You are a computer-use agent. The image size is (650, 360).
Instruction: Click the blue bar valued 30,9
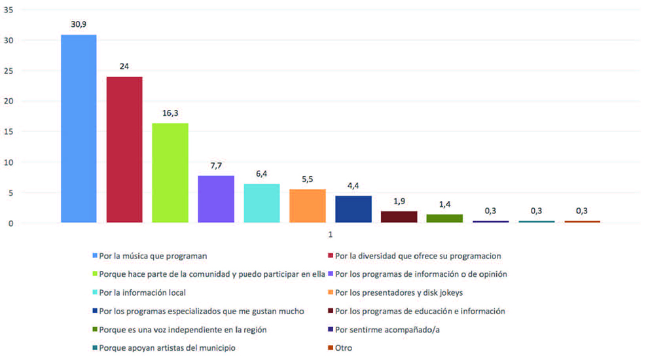click(x=79, y=128)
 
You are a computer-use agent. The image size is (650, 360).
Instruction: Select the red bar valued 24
click(x=124, y=150)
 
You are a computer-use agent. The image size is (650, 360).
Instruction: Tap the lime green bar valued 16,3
click(x=170, y=173)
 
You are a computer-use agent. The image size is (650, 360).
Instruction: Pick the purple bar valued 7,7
click(x=216, y=199)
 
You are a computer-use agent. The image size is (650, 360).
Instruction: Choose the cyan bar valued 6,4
click(x=262, y=203)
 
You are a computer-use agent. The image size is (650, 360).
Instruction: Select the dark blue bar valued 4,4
click(x=353, y=209)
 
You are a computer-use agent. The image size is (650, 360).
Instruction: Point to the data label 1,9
click(x=399, y=200)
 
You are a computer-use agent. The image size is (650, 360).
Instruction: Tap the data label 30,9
click(x=79, y=24)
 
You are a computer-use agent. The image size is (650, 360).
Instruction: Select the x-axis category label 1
click(x=331, y=234)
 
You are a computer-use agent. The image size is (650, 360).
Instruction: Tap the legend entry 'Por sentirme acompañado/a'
click(x=385, y=329)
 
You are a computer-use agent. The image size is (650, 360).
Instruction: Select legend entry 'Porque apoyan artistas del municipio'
click(x=167, y=348)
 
